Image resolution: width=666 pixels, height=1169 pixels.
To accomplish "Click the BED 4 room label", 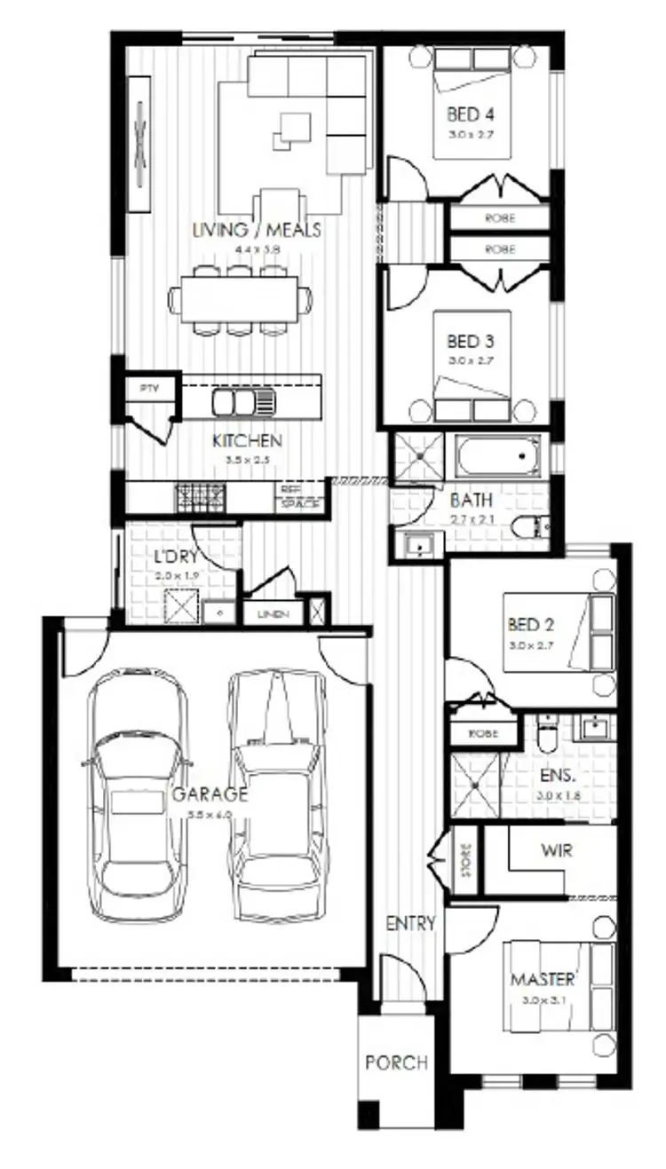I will coord(471,115).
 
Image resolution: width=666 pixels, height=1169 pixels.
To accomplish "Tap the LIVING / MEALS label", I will coord(257,231).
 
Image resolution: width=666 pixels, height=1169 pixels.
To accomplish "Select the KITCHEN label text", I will coord(247,441).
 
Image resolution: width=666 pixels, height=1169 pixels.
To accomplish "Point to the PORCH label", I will coord(396,1062).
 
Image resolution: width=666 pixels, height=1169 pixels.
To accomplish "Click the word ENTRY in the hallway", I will coord(410,923).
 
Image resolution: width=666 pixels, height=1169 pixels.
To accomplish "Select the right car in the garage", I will coord(277,793).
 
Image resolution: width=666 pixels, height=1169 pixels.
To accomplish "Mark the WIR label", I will coord(556,850).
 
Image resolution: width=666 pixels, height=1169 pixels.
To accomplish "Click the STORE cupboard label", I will coord(467,863).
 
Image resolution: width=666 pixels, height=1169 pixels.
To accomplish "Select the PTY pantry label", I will coord(147,389).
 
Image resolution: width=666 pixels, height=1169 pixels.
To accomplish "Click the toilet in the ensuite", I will coord(546,737).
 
